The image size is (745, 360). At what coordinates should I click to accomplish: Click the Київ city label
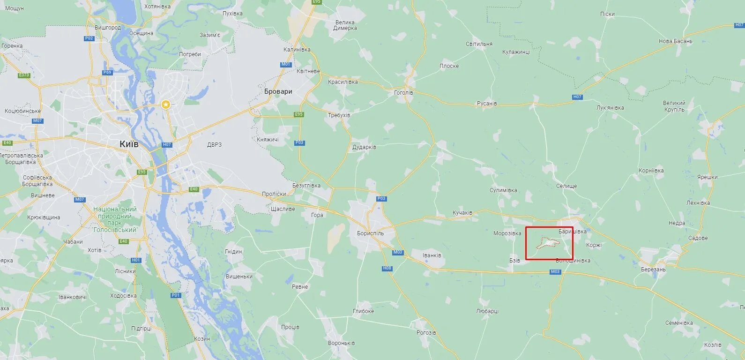(x=129, y=144)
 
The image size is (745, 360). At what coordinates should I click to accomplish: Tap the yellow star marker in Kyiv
(x=166, y=105)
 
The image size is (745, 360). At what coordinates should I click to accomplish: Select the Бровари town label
(x=278, y=91)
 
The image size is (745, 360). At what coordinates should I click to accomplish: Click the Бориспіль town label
(x=370, y=233)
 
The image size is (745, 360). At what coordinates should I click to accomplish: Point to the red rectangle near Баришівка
(x=549, y=243)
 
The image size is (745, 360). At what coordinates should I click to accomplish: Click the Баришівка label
(x=573, y=232)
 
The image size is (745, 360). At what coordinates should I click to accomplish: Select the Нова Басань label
(x=676, y=41)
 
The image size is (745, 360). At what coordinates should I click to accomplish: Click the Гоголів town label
(x=403, y=93)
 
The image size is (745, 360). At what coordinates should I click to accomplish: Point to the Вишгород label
(x=108, y=28)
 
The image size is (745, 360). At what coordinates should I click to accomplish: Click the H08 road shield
(x=387, y=268)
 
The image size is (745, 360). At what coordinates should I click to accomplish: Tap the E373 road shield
(x=24, y=75)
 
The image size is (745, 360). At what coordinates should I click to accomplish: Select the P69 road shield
(x=107, y=73)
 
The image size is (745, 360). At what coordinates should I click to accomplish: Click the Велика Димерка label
(x=345, y=25)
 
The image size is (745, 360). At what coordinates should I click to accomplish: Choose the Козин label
(x=202, y=338)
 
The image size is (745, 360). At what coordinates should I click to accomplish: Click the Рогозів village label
(x=426, y=333)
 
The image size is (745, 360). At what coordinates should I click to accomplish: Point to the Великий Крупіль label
(x=674, y=106)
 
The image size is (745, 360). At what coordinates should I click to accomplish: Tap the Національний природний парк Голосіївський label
(x=115, y=219)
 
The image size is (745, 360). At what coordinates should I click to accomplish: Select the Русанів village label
(x=487, y=104)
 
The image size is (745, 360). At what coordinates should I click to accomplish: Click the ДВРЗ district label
(x=214, y=145)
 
